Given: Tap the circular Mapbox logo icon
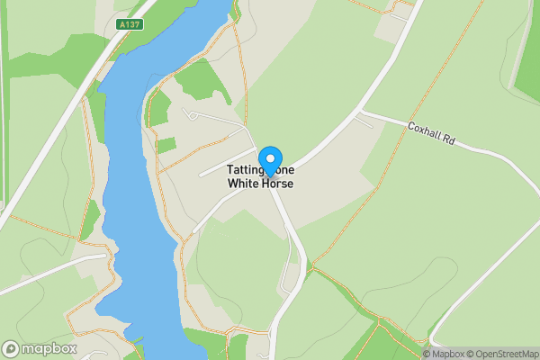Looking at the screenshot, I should click(12, 347).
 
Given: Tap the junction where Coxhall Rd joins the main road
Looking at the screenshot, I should click(358, 114).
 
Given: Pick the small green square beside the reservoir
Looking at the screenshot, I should click(166, 145).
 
